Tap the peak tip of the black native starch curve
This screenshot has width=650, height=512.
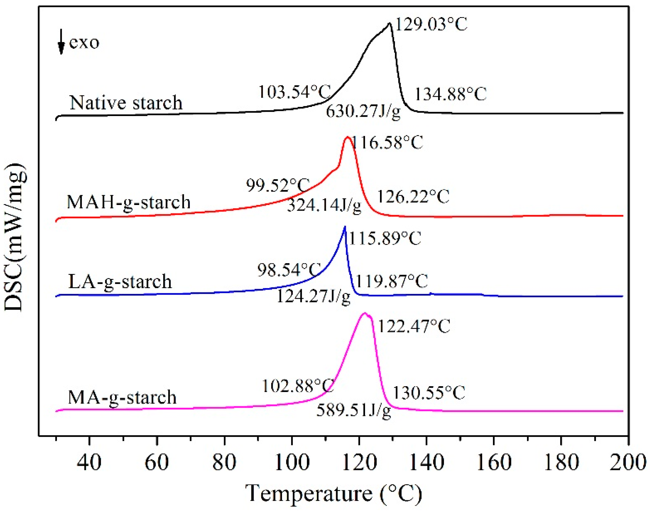(x=389, y=23)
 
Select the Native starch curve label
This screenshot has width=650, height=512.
(x=126, y=103)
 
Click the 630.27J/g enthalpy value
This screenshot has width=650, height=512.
(x=363, y=111)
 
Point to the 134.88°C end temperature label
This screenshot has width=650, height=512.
(x=451, y=94)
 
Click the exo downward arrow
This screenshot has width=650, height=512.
(x=61, y=42)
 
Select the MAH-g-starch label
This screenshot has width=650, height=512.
(x=128, y=202)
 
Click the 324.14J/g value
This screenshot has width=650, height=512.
(x=324, y=205)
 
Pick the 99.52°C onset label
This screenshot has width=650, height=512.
(x=278, y=185)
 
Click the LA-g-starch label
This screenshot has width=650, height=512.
(x=120, y=281)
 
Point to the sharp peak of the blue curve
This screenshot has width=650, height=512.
(x=345, y=227)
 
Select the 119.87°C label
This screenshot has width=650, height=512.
(x=392, y=281)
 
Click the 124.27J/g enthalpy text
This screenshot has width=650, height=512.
(x=314, y=296)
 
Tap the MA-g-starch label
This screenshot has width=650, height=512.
(x=122, y=397)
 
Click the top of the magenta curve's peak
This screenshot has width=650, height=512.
(x=364, y=313)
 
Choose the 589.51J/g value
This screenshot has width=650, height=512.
(x=353, y=410)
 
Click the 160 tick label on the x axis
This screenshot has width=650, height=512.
(x=494, y=462)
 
